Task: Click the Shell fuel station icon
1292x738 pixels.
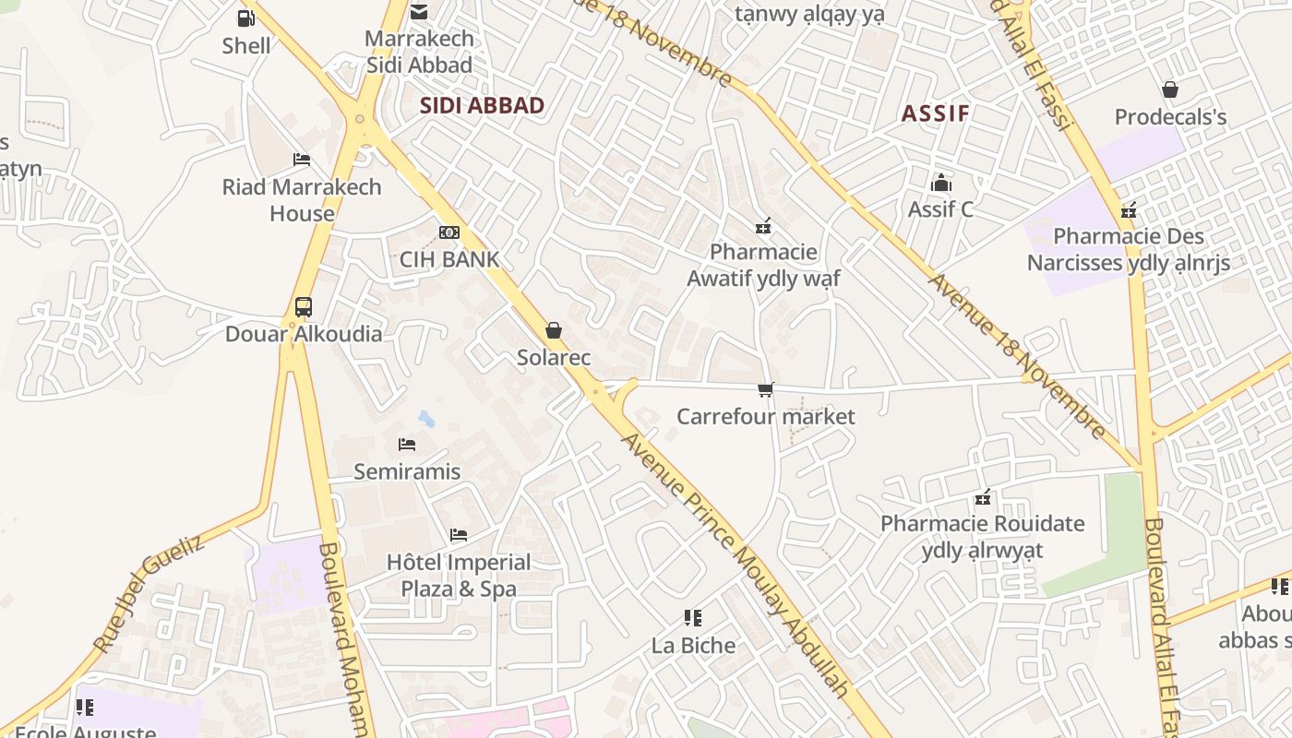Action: coord(245,18)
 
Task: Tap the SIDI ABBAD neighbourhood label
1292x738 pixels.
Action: coord(482,105)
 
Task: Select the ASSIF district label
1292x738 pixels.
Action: coord(935,113)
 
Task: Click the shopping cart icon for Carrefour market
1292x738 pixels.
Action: coord(765,389)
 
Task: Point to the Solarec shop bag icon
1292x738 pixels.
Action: coord(554,330)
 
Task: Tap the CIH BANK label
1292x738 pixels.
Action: coord(449,259)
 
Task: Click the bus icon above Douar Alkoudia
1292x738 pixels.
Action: coord(303,307)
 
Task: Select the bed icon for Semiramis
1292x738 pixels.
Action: coord(407,445)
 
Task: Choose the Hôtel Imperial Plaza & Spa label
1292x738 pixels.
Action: coord(459,576)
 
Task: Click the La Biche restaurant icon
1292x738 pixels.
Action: coord(693,618)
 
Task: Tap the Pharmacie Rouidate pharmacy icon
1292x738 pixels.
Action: coord(983,497)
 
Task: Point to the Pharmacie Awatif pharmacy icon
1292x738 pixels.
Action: coord(763,225)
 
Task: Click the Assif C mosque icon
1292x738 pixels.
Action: coord(940,182)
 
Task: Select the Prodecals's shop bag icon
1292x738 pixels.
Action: coord(1170,89)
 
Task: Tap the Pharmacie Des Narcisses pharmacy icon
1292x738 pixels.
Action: coord(1128,210)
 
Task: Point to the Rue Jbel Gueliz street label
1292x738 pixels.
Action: coord(148,595)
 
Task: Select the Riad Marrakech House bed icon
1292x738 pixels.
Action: coord(302,160)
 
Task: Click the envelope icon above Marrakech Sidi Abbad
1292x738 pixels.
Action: coord(419,12)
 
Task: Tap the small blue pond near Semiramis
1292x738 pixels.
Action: coord(425,420)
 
